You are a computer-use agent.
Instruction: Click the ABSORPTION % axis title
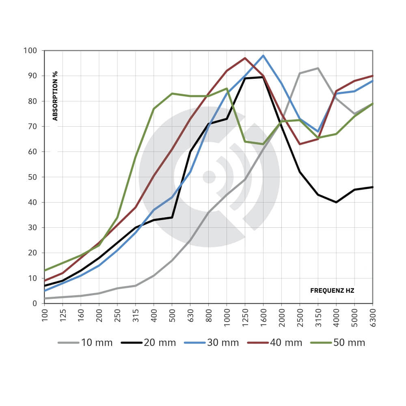pyautogui.click(x=55, y=96)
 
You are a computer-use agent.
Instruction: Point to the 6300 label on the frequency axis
pyautogui.click(x=373, y=315)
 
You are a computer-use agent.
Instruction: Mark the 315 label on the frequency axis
pyautogui.click(x=136, y=313)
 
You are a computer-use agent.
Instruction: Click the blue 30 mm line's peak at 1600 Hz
pyautogui.click(x=263, y=56)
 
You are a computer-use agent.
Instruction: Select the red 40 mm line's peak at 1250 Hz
pyautogui.click(x=245, y=58)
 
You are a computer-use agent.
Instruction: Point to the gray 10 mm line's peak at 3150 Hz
pyautogui.click(x=318, y=68)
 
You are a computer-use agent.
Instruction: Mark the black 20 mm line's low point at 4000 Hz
pyautogui.click(x=336, y=202)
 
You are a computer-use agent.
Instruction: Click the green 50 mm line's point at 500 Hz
pyautogui.click(x=172, y=93)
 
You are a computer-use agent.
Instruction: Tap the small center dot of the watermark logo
pyautogui.click(x=209, y=177)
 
